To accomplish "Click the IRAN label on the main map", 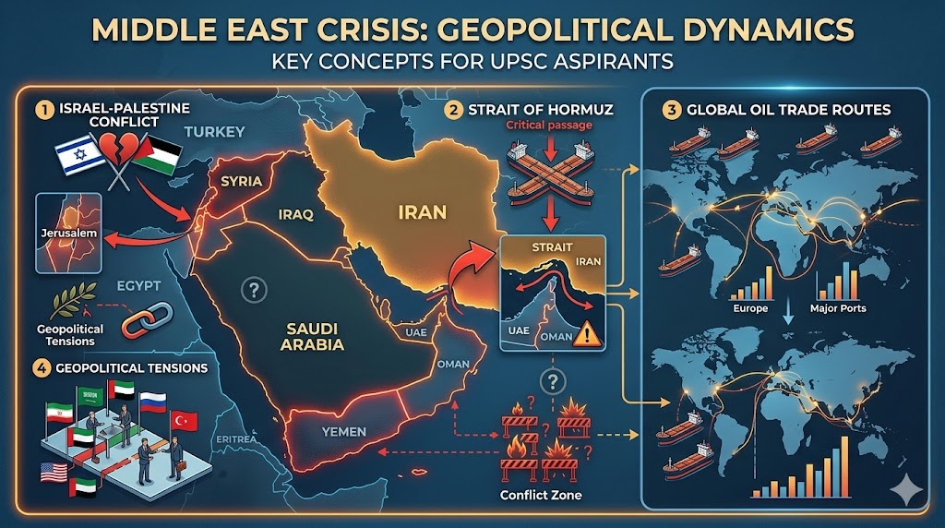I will point(421,212).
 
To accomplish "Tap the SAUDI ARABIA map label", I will point(312,338).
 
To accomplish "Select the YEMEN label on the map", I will point(345,432).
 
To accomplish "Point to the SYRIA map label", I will point(242,181).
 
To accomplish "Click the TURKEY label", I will point(214,132).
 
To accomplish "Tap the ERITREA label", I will point(235,441).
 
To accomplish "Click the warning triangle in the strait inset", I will point(586,333).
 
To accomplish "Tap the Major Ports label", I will point(837,307).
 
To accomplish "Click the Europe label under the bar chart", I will point(748,307).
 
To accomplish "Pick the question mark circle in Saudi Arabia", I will point(252,291).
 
